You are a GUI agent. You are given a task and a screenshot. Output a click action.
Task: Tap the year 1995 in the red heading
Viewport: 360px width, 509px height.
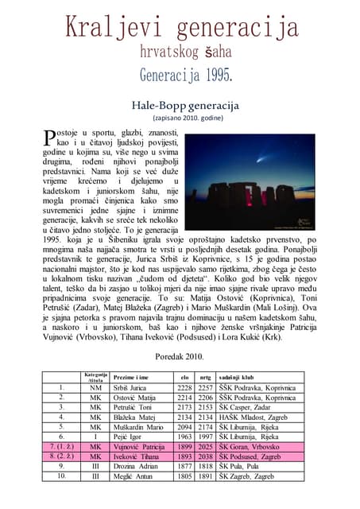point(214,77)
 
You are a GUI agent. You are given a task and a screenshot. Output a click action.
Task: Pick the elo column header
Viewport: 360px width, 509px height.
point(184,376)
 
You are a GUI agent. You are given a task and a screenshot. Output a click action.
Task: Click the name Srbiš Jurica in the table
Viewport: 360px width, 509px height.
point(130,387)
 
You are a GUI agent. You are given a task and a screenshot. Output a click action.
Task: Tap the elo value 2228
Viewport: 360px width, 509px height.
point(184,387)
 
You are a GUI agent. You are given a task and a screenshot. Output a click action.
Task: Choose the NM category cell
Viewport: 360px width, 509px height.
point(96,387)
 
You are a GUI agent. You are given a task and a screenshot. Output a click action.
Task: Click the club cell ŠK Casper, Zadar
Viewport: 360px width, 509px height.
point(249,406)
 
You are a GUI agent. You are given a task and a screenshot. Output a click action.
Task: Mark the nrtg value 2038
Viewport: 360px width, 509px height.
point(206,457)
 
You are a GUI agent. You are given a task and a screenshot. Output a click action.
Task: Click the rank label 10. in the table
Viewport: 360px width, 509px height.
point(61,476)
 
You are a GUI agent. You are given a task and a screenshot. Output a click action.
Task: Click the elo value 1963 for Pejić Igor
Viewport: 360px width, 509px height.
point(184,437)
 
